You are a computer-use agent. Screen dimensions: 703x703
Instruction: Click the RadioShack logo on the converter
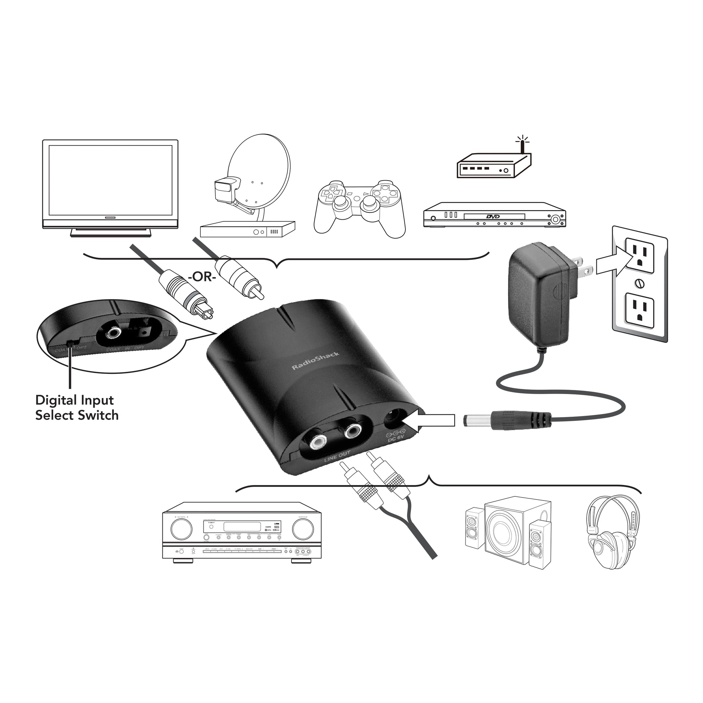[315, 361]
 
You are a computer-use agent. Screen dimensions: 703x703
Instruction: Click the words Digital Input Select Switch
[77, 408]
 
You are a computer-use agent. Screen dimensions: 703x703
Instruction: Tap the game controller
[359, 207]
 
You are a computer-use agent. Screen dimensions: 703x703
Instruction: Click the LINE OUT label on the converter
[337, 456]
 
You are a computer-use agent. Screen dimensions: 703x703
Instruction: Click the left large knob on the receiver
[181, 529]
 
